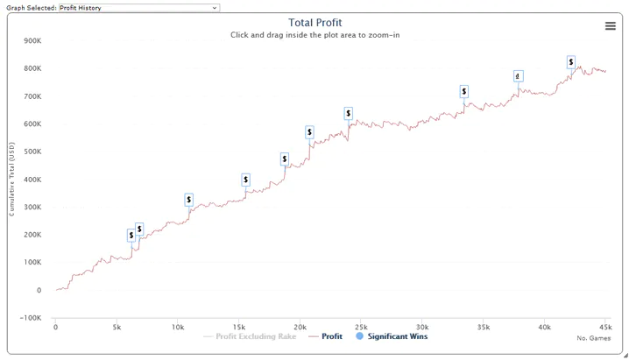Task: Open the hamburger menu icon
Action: click(x=611, y=26)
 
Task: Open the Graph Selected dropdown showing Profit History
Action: click(x=138, y=7)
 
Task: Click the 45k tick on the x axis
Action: click(x=604, y=328)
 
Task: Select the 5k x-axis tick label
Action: click(x=117, y=328)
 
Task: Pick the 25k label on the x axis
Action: click(x=360, y=328)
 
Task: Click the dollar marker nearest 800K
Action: click(x=571, y=62)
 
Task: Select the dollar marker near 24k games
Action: click(x=348, y=113)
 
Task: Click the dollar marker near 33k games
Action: click(x=463, y=91)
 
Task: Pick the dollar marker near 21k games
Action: click(x=309, y=132)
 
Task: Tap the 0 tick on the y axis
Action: click(x=38, y=290)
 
